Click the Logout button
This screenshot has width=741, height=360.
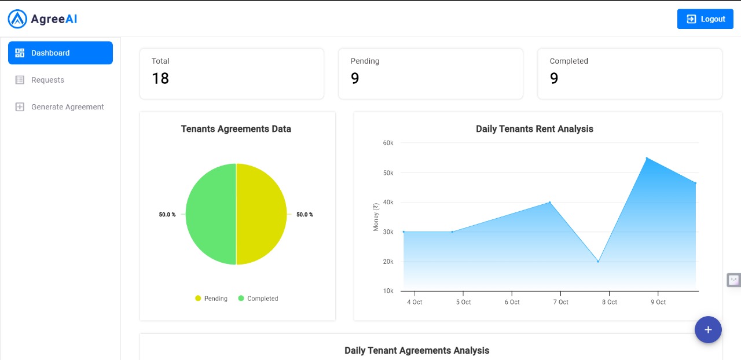pos(705,19)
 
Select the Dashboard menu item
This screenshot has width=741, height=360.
pos(60,53)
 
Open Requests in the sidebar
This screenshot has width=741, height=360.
pos(47,80)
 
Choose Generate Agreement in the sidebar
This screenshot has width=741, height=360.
pos(67,107)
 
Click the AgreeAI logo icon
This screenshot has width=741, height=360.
pos(17,19)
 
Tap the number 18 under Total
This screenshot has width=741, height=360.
pos(160,79)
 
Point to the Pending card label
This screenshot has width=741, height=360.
pos(365,61)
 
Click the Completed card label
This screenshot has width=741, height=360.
pos(568,61)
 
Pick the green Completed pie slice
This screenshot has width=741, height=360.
pos(211,214)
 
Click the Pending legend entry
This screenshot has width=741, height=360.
pos(211,299)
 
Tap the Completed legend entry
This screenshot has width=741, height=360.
pos(258,299)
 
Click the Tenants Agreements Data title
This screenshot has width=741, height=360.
pos(236,129)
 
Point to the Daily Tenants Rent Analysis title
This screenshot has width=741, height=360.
pos(534,129)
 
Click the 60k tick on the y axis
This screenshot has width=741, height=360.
pos(388,143)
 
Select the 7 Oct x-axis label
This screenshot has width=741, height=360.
pos(560,302)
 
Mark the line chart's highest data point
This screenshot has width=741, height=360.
pos(647,158)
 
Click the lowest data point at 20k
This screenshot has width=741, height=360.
pos(598,262)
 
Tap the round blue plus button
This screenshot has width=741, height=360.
pos(708,330)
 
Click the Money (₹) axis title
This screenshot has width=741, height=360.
pos(376,217)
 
